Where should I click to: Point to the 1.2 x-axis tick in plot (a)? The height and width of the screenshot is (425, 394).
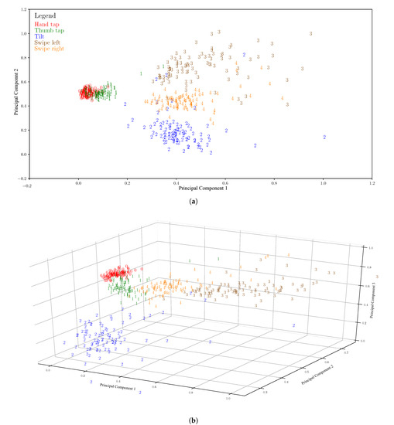pyautogui.click(x=372, y=184)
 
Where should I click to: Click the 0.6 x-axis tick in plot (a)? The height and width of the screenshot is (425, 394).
pyautogui.click(x=225, y=184)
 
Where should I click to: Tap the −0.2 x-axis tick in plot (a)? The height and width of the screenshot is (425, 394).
pyautogui.click(x=27, y=184)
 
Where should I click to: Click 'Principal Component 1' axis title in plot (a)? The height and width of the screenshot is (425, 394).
pyautogui.click(x=200, y=189)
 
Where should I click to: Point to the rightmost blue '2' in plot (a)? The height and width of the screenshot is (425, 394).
pyautogui.click(x=324, y=138)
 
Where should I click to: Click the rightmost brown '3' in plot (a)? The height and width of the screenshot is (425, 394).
pyautogui.click(x=311, y=33)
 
